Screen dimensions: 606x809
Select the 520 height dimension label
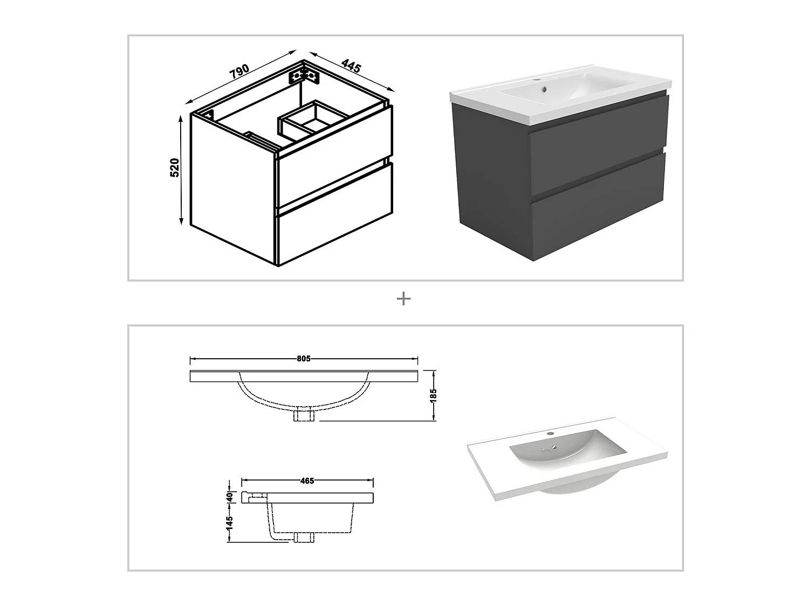174,168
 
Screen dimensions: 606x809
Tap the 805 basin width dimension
304,359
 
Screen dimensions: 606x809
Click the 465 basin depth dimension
307,480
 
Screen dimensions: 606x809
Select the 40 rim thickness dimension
229,497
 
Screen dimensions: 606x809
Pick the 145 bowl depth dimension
229,522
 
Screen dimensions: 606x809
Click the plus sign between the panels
403,299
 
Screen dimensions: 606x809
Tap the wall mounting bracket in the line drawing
305,75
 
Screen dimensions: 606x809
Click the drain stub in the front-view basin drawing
304,416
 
